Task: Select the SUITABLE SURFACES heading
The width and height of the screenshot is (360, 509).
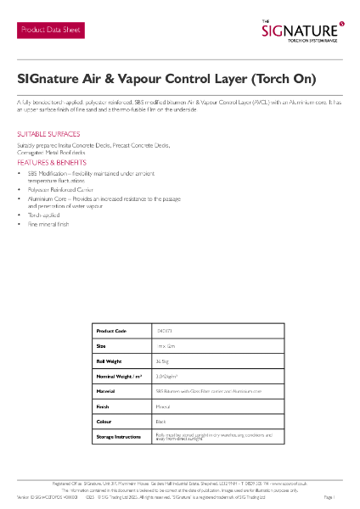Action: tap(48, 135)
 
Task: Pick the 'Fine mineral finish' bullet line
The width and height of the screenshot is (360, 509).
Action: tap(48, 224)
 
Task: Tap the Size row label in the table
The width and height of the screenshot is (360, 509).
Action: tap(101, 346)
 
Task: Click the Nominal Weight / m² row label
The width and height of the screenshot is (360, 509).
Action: tap(117, 376)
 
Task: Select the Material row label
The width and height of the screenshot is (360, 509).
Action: tap(106, 391)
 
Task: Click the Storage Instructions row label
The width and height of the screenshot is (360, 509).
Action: tap(119, 436)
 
